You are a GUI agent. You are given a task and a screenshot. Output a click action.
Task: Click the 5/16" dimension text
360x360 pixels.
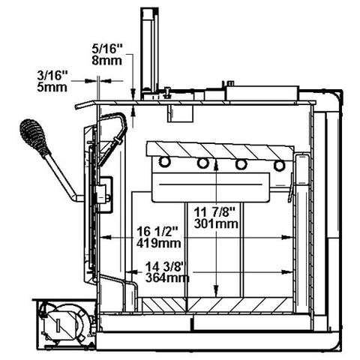click(x=107, y=49)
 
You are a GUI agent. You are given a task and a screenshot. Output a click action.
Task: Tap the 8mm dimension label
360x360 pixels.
click(x=107, y=61)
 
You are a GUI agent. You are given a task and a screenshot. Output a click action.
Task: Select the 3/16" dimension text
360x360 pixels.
click(x=52, y=75)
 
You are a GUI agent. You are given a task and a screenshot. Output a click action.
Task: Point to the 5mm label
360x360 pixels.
click(x=52, y=87)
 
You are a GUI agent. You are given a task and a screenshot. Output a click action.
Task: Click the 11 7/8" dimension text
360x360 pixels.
click(x=214, y=212)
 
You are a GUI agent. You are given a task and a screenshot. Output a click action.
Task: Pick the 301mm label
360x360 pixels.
click(x=216, y=223)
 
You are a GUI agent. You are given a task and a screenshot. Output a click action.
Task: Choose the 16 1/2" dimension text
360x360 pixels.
click(x=157, y=232)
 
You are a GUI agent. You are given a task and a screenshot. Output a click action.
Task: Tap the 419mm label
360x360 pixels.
click(x=159, y=243)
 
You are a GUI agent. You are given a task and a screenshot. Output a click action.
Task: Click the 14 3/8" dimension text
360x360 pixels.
click(x=166, y=266)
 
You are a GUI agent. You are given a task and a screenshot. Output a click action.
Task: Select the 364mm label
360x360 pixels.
click(x=167, y=277)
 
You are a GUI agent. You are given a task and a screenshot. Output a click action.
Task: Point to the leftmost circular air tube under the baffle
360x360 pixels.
click(x=164, y=162)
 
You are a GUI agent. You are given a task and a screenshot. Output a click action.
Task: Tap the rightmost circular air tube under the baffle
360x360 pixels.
click(x=279, y=165)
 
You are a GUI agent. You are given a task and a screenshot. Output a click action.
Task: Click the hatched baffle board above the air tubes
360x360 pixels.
click(x=220, y=151)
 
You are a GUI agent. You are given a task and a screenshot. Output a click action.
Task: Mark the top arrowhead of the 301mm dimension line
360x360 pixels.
click(x=216, y=165)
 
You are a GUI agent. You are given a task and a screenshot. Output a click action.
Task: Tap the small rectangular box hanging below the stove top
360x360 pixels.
click(x=180, y=113)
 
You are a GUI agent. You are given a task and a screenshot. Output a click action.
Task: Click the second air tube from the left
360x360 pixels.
click(x=202, y=163)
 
